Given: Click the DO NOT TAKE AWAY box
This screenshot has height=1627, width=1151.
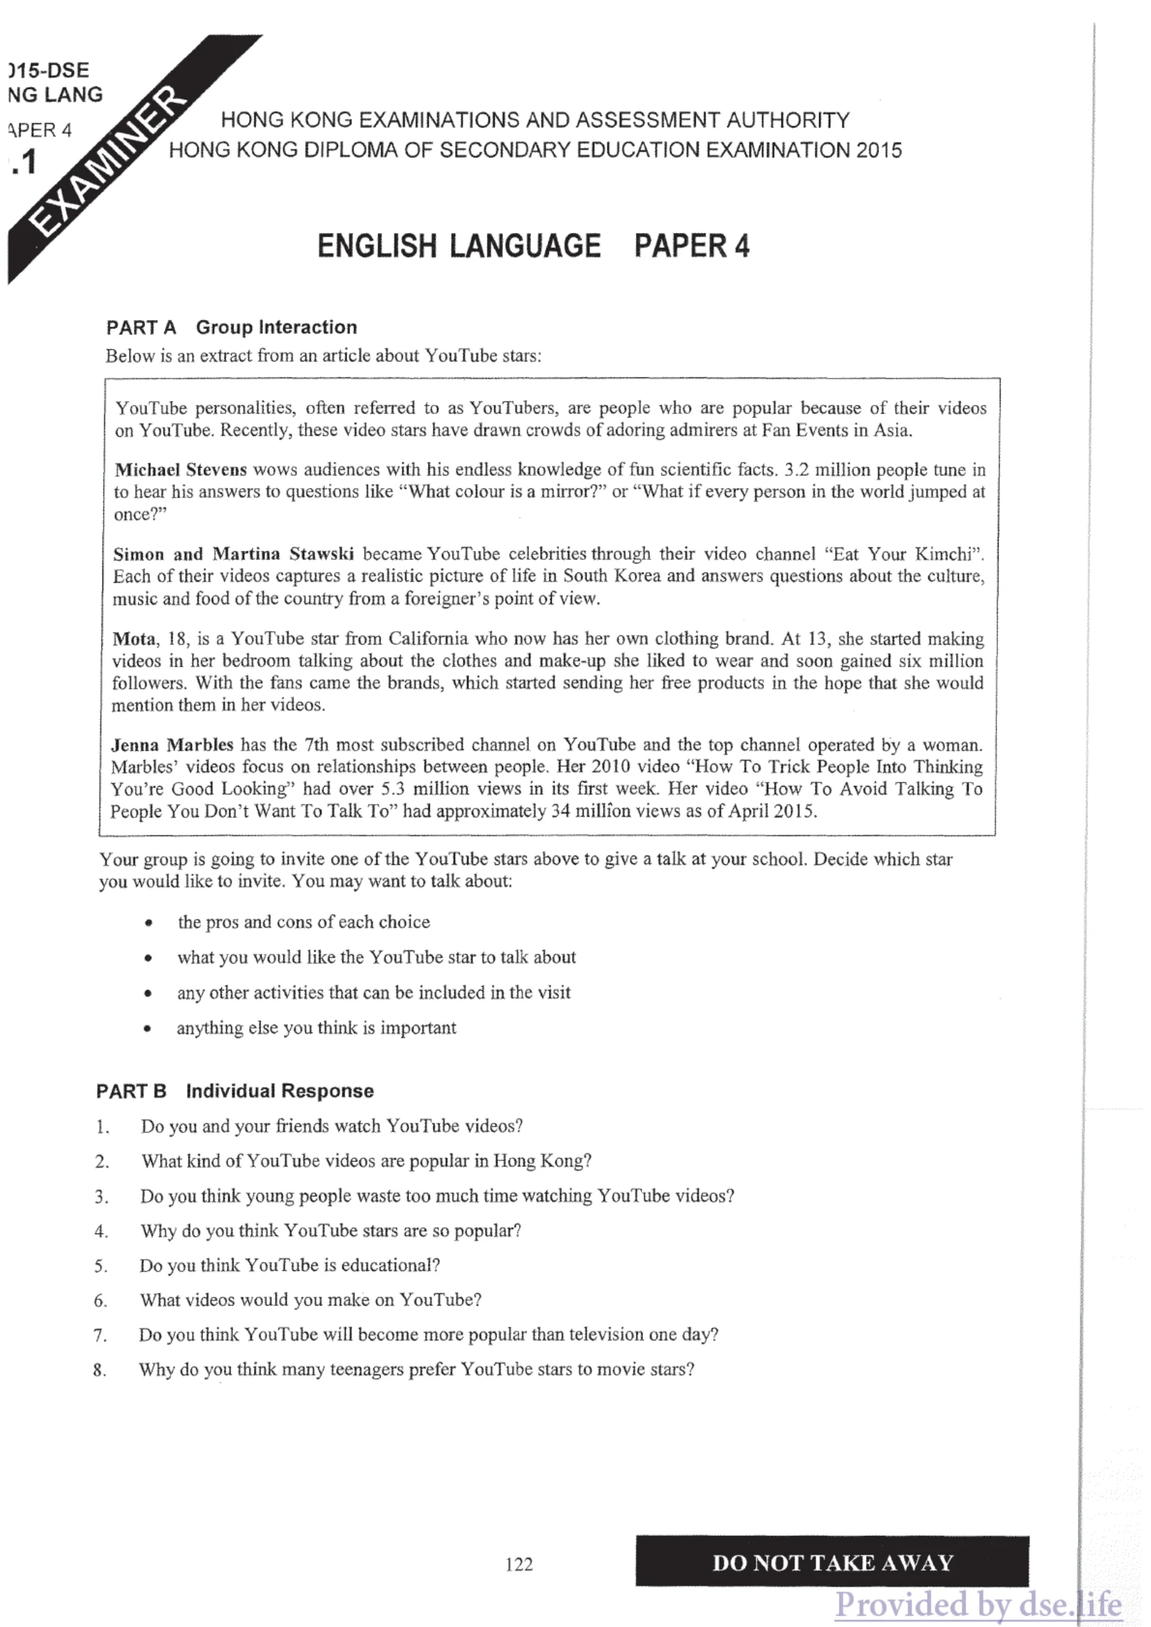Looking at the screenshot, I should click(x=832, y=1562).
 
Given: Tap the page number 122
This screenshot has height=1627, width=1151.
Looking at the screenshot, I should click(x=519, y=1564).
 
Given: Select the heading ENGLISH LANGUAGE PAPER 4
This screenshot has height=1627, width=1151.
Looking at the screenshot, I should click(x=533, y=247).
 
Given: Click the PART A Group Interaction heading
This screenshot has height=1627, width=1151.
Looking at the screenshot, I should click(x=232, y=328).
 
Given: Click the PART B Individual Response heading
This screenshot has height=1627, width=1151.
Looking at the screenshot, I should click(x=235, y=1091).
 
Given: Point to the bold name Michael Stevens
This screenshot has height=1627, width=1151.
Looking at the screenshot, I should click(x=181, y=469).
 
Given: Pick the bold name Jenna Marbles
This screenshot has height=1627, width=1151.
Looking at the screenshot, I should click(x=172, y=744).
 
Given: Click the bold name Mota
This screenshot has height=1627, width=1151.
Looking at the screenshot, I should click(x=134, y=639).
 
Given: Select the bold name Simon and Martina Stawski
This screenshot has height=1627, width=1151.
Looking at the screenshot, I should click(x=233, y=554).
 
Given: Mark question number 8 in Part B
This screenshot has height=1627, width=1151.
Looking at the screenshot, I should click(x=100, y=1370).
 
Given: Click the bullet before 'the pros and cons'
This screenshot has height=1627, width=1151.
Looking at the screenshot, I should click(x=148, y=922).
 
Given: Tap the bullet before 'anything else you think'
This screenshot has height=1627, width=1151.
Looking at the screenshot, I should click(x=147, y=1029).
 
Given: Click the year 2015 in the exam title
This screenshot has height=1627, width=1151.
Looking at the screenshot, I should click(x=878, y=150).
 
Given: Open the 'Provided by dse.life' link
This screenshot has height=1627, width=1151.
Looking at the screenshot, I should click(x=978, y=1603).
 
